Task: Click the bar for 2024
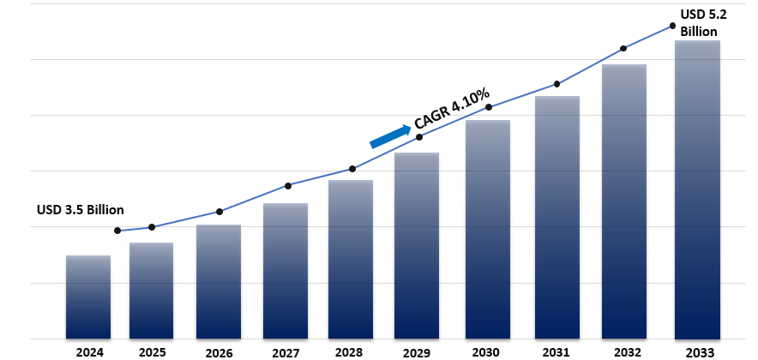tap(88, 296)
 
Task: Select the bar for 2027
tap(286, 270)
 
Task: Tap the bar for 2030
tap(488, 228)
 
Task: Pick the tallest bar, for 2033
tap(697, 189)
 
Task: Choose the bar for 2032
tap(624, 201)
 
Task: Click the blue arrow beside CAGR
tap(390, 135)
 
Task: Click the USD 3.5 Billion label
tap(81, 210)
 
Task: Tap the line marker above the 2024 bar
tap(117, 231)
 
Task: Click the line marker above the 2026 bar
tap(220, 212)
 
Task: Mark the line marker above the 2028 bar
tap(352, 169)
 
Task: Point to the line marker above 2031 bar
tap(557, 84)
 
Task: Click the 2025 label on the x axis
tap(152, 351)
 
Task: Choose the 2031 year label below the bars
tap(557, 351)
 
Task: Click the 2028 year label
tap(350, 351)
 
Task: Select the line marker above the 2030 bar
tap(489, 107)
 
